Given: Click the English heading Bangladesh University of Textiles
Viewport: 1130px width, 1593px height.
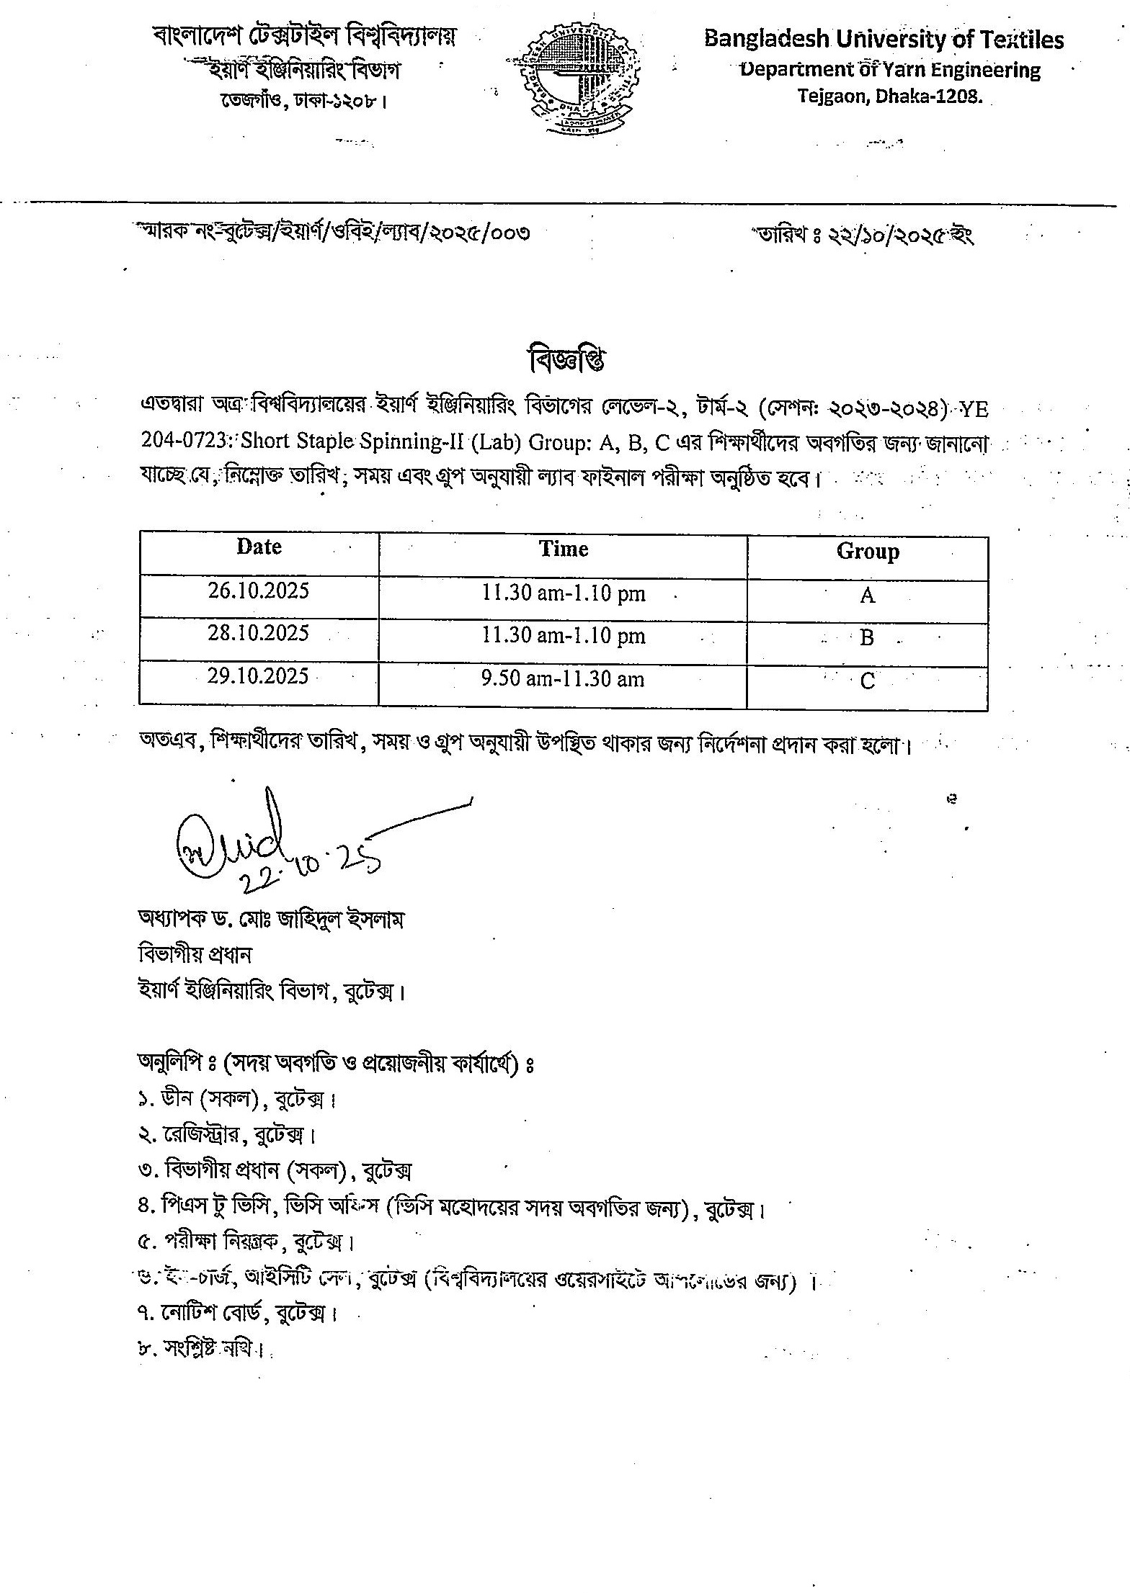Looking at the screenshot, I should (x=884, y=39).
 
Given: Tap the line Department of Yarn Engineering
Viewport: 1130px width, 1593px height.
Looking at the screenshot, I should (x=891, y=70).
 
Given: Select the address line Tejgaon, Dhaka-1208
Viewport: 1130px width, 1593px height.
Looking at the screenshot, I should (x=890, y=96).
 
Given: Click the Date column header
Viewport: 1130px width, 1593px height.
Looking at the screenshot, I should (x=259, y=547).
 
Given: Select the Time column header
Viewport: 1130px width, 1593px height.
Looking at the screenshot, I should (x=564, y=549).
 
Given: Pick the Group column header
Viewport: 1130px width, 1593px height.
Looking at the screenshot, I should (x=867, y=552).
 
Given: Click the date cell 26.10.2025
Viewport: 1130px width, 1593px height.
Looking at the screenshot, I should (x=259, y=591).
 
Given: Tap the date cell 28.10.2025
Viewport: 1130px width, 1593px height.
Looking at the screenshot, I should (x=259, y=633).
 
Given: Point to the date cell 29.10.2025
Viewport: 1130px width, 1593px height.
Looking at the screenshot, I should (x=259, y=676).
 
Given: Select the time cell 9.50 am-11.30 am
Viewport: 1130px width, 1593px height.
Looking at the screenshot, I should (x=563, y=679).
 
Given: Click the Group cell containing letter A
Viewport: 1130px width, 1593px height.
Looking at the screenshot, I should (x=867, y=596).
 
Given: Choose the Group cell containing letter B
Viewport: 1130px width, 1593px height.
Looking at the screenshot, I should (x=867, y=638).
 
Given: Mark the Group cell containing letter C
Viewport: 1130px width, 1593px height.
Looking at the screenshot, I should (x=867, y=681).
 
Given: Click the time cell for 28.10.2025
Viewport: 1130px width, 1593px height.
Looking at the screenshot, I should (x=563, y=636).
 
